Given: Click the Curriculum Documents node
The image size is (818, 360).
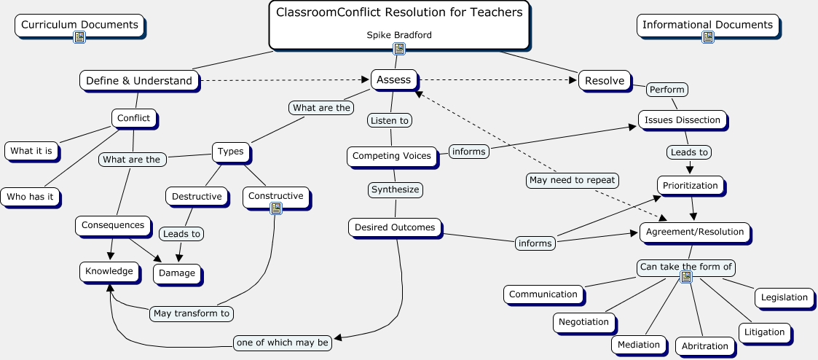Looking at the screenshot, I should pyautogui.click(x=79, y=26).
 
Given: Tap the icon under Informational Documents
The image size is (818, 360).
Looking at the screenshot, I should pyautogui.click(x=707, y=37).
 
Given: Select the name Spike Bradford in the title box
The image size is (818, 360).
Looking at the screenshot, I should pyautogui.click(x=398, y=34).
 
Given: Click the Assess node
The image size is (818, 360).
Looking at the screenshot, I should pyautogui.click(x=394, y=80).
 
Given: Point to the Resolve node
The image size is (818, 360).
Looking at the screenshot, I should pyautogui.click(x=605, y=81).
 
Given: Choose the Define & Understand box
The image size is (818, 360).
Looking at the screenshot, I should pyautogui.click(x=139, y=81).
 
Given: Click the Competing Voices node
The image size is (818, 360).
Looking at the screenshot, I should pyautogui.click(x=392, y=156).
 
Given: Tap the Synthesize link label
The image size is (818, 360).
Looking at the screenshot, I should pyautogui.click(x=396, y=189).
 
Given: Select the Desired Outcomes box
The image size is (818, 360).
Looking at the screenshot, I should pyautogui.click(x=395, y=227).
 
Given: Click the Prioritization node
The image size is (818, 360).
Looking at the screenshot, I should pyautogui.click(x=690, y=186).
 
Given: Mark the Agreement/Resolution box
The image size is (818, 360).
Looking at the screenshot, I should pyautogui.click(x=693, y=232).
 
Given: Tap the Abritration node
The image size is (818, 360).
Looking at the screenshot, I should pyautogui.click(x=705, y=346).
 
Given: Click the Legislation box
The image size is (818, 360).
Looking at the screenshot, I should pyautogui.click(x=784, y=297).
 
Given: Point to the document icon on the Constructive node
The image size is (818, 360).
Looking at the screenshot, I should pyautogui.click(x=275, y=208).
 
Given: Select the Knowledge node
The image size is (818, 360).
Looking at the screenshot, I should pyautogui.click(x=109, y=272).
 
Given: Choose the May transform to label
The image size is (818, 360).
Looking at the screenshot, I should pyautogui.click(x=192, y=313).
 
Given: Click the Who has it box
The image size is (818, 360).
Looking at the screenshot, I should pyautogui.click(x=30, y=197).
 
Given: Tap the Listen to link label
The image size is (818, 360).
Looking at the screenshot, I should pyautogui.click(x=390, y=120).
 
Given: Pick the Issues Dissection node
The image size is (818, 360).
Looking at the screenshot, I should pyautogui.click(x=683, y=120).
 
